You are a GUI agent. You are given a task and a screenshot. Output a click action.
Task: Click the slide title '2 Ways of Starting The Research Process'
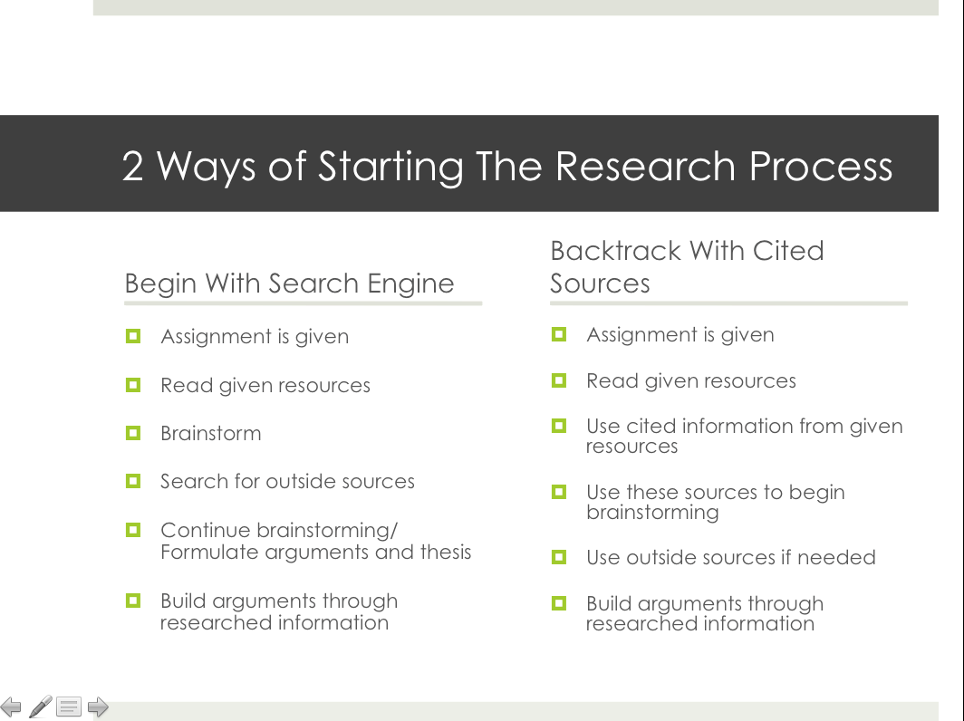(x=507, y=167)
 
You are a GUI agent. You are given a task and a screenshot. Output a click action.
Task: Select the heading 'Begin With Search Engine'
(x=289, y=284)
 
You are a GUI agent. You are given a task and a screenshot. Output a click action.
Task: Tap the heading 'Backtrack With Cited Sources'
(x=687, y=266)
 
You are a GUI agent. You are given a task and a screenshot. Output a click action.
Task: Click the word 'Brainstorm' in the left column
(x=210, y=434)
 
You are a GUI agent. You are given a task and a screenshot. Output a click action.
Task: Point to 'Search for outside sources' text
(x=287, y=482)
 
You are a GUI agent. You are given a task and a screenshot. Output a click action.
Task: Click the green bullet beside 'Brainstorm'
(x=133, y=433)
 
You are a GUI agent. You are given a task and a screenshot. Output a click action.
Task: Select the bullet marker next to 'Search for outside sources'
(x=133, y=481)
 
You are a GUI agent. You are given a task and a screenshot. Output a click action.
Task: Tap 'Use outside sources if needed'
(x=730, y=557)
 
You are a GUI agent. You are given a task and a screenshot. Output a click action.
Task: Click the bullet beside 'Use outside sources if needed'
(x=559, y=556)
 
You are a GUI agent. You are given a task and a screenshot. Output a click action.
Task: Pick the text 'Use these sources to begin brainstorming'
(x=715, y=503)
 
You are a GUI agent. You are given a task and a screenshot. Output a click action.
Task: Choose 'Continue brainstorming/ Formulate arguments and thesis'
(x=315, y=541)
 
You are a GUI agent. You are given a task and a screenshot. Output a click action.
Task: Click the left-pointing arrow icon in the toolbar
(x=11, y=707)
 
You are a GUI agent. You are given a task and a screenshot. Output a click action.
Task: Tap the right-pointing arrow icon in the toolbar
(x=98, y=707)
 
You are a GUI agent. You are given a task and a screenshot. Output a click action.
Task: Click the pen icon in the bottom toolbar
(x=40, y=707)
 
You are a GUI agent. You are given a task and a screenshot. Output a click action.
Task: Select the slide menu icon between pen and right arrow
(x=69, y=707)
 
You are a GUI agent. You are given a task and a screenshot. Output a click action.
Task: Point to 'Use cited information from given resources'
(x=744, y=436)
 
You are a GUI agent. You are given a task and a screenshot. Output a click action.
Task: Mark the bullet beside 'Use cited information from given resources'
(x=559, y=425)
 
